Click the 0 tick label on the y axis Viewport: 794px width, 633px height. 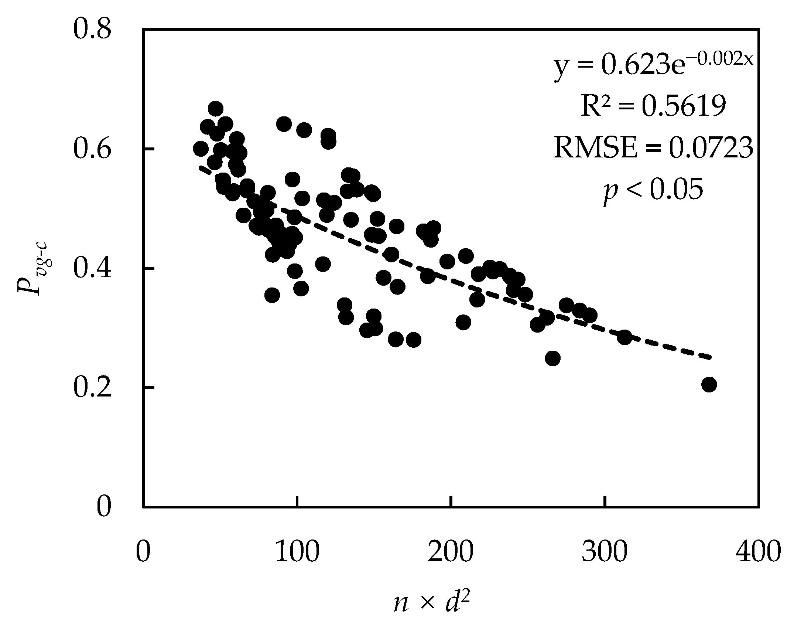[x=104, y=507]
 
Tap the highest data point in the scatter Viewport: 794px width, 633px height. [x=216, y=109]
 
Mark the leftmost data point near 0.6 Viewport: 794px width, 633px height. [x=201, y=149]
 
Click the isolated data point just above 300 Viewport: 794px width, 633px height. [x=624, y=337]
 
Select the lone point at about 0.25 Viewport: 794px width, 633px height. [x=553, y=358]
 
